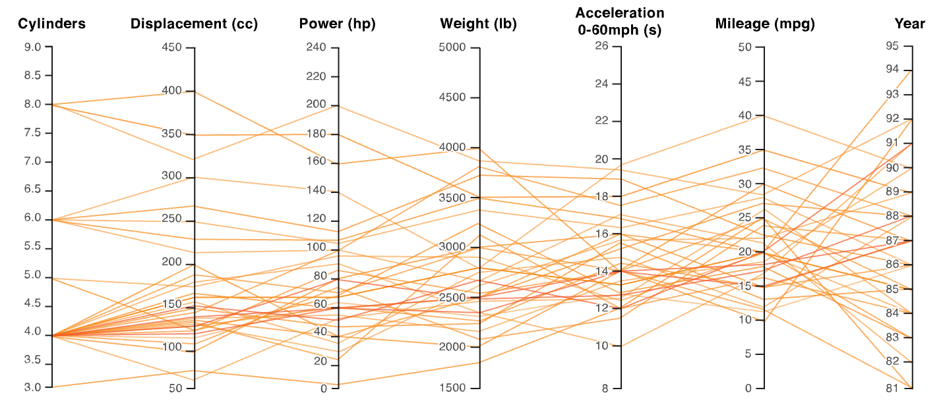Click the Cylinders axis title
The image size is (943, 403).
[51, 24]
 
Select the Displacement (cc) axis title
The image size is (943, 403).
[194, 24]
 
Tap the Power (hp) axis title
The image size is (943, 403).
[337, 24]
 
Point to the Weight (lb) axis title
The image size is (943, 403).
[479, 24]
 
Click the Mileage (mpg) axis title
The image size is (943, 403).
[765, 24]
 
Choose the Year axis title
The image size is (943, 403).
[909, 24]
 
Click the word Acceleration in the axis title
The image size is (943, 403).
[620, 13]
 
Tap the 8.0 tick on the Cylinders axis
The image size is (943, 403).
[33, 104]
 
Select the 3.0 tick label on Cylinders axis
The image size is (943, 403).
[33, 387]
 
